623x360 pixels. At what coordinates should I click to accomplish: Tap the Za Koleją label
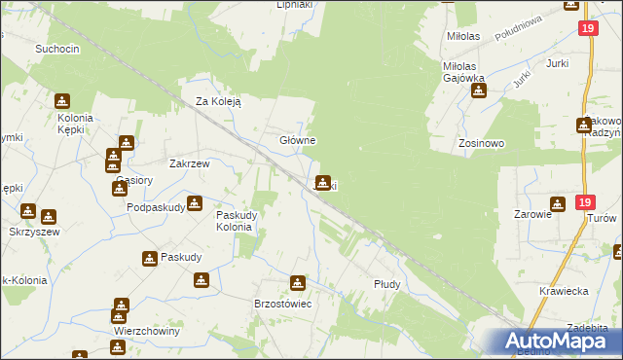click(218, 100)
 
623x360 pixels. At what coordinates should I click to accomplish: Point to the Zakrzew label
click(190, 164)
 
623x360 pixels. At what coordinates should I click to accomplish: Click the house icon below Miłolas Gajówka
click(479, 91)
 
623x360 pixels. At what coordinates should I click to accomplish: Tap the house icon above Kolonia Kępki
click(62, 100)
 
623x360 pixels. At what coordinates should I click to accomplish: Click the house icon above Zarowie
click(557, 203)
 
